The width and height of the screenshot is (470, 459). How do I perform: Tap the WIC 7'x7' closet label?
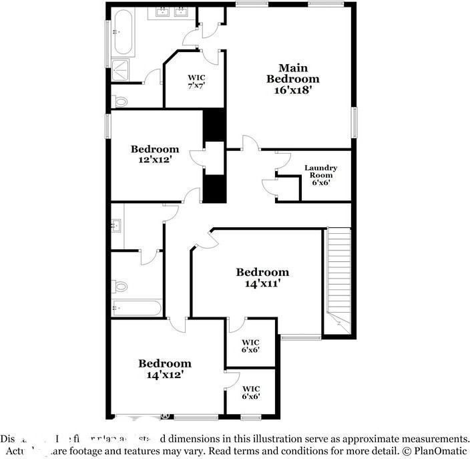coord(196,82)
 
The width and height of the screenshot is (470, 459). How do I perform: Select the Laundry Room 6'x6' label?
coord(320,175)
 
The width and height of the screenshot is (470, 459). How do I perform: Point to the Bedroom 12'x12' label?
coord(155,154)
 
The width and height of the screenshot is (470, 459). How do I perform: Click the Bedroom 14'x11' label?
coord(262,277)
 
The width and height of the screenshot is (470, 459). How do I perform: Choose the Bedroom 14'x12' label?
coord(165,369)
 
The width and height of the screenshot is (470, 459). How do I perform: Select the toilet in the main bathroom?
coord(120,102)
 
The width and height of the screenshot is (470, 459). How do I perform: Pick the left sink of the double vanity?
coord(162,12)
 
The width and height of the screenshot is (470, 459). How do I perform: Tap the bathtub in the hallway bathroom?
coord(137,309)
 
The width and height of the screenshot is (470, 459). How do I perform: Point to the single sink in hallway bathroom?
coord(116,225)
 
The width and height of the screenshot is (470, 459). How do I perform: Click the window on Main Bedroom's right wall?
coord(355,122)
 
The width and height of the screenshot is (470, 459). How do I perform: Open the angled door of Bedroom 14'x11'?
coord(204,239)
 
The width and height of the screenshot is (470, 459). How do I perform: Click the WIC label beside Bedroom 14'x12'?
coord(251,392)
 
